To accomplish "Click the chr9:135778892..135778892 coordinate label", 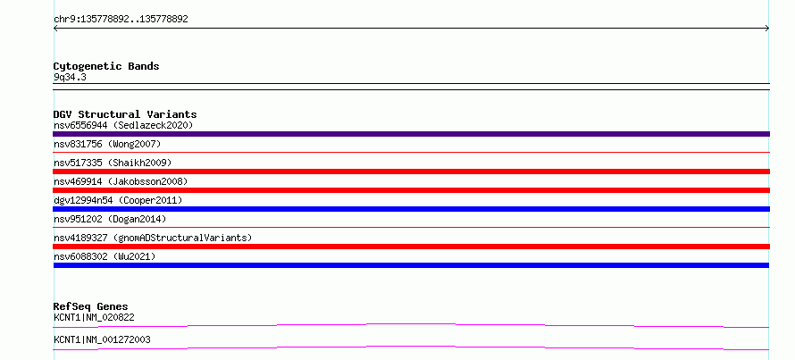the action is click(121, 20).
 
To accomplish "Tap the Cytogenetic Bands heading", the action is click(106, 66).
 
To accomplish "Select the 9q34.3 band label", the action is click(70, 77).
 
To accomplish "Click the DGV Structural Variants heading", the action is click(125, 114).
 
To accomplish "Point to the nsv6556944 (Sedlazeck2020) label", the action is click(123, 125).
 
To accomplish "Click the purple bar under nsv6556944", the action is click(411, 134).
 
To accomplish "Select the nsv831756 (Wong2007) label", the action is click(107, 144).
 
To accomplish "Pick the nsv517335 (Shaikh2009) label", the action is click(113, 163).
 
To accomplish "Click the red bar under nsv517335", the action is click(411, 172).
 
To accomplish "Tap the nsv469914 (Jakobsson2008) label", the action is click(121, 181).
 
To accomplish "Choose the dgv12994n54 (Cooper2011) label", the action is click(118, 200).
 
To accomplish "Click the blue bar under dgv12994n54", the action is click(411, 209).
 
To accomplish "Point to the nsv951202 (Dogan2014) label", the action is click(110, 219).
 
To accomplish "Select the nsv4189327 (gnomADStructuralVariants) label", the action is click(153, 238).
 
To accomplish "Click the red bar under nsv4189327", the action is click(411, 247).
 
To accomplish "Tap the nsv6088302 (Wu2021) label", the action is click(105, 256).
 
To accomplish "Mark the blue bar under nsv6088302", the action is click(411, 265).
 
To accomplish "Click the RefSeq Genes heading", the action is click(91, 306).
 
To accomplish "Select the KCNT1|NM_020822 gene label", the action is click(94, 317).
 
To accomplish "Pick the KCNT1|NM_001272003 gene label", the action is click(102, 339).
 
